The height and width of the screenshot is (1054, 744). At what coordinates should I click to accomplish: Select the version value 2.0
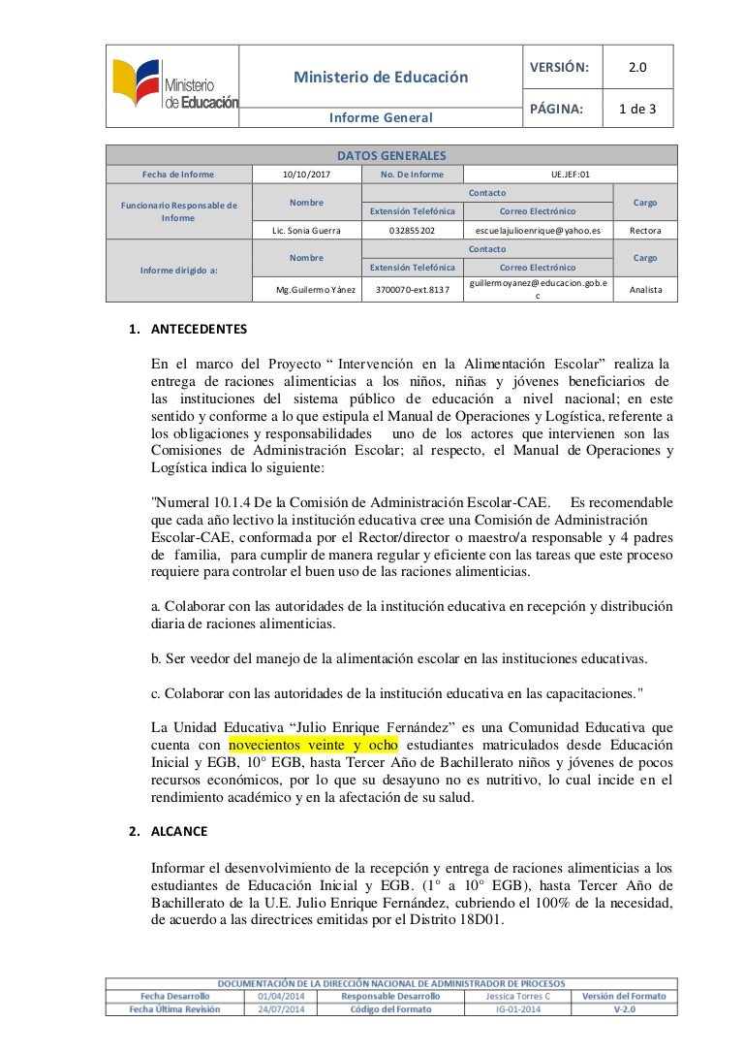click(x=637, y=67)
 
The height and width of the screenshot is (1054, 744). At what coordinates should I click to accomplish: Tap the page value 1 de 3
click(x=637, y=110)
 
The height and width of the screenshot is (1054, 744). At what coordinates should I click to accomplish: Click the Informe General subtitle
click(x=381, y=118)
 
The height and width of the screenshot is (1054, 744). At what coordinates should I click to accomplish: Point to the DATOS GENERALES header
click(x=390, y=155)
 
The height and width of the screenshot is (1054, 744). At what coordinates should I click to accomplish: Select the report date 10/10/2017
click(x=305, y=175)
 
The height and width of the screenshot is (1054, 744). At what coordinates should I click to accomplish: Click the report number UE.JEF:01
click(x=570, y=175)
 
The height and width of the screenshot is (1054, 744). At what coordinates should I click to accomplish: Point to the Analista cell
click(x=644, y=290)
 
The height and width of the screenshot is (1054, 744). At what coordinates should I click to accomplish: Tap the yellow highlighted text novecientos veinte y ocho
click(x=314, y=745)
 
